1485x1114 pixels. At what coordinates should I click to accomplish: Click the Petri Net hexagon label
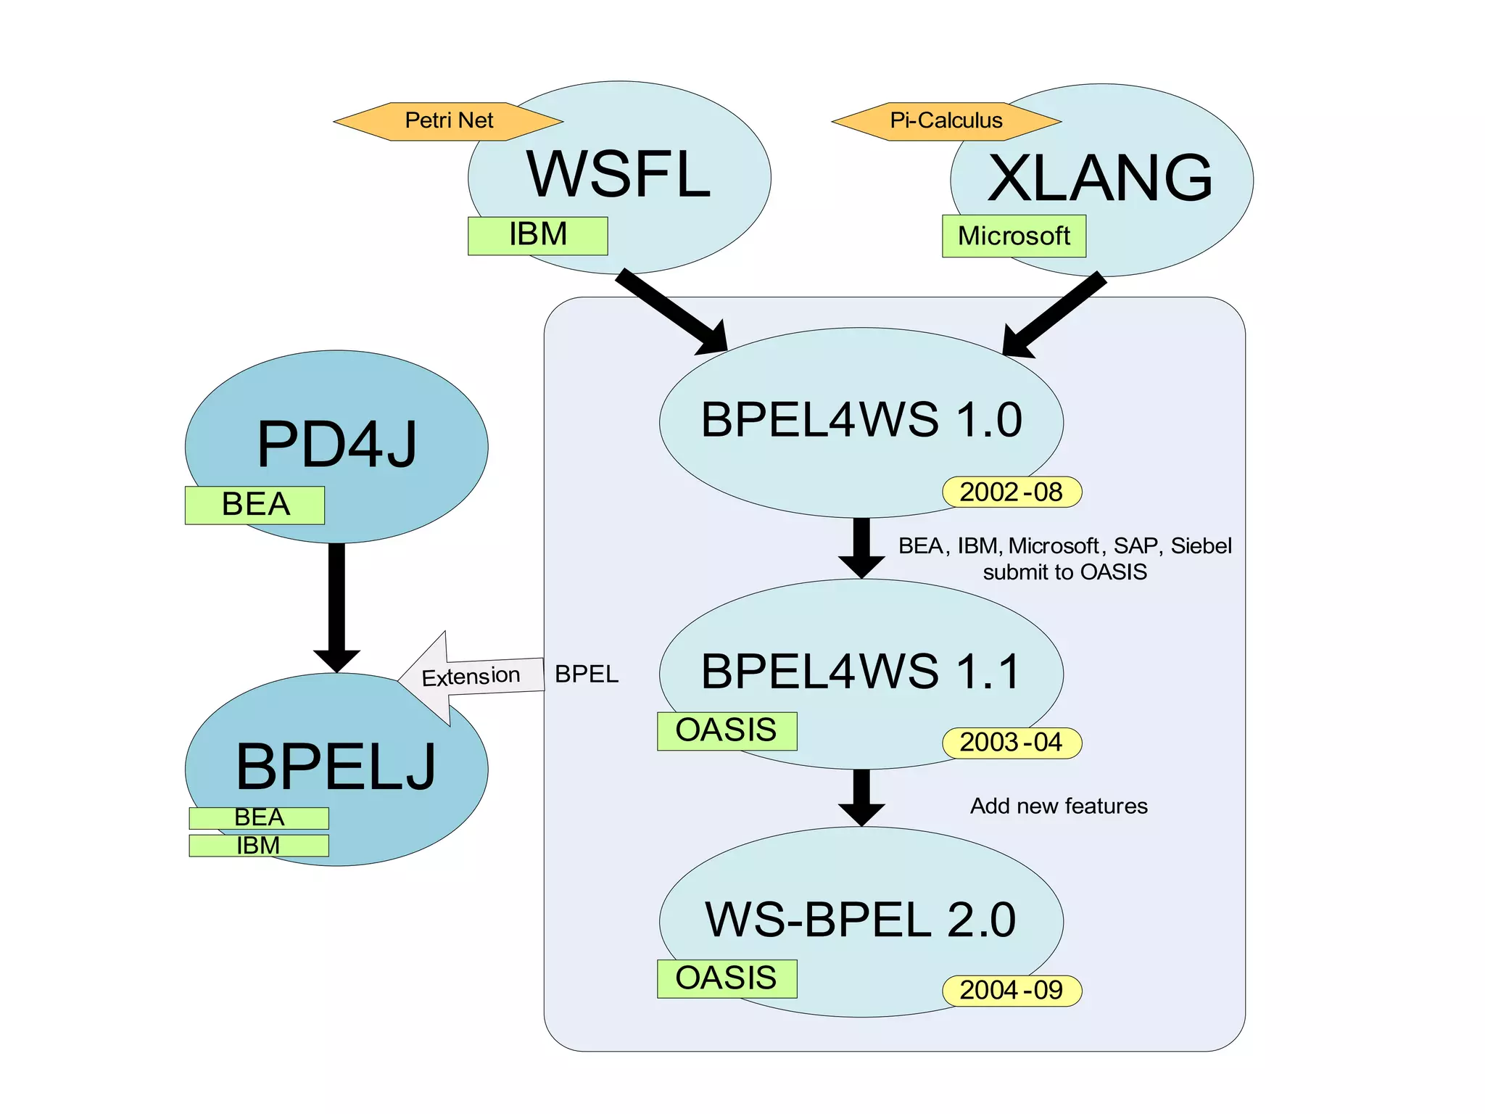click(448, 121)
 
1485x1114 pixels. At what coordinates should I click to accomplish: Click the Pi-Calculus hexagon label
click(946, 121)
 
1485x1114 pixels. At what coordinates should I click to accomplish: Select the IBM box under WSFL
click(537, 236)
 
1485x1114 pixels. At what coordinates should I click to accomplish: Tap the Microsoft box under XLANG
click(1014, 236)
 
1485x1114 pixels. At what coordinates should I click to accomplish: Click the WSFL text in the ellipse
click(619, 175)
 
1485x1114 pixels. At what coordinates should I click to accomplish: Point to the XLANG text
click(1101, 178)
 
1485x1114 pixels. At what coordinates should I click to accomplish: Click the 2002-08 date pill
click(1012, 492)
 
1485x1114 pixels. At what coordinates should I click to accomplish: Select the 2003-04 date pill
click(1012, 743)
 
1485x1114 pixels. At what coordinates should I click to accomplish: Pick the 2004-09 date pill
click(1012, 991)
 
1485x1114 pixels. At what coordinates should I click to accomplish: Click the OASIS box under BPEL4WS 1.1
click(727, 731)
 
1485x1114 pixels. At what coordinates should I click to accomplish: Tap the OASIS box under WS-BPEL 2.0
click(727, 979)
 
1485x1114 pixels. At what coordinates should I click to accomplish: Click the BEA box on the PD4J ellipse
click(255, 506)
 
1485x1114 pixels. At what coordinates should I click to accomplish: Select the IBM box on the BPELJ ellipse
click(259, 846)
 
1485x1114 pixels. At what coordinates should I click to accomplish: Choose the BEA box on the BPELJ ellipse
click(259, 818)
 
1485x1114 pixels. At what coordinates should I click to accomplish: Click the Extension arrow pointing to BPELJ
click(471, 677)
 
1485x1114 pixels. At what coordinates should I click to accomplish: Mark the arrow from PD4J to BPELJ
click(336, 602)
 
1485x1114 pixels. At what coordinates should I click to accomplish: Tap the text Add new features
click(1059, 806)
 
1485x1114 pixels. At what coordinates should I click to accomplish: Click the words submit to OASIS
click(1064, 572)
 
